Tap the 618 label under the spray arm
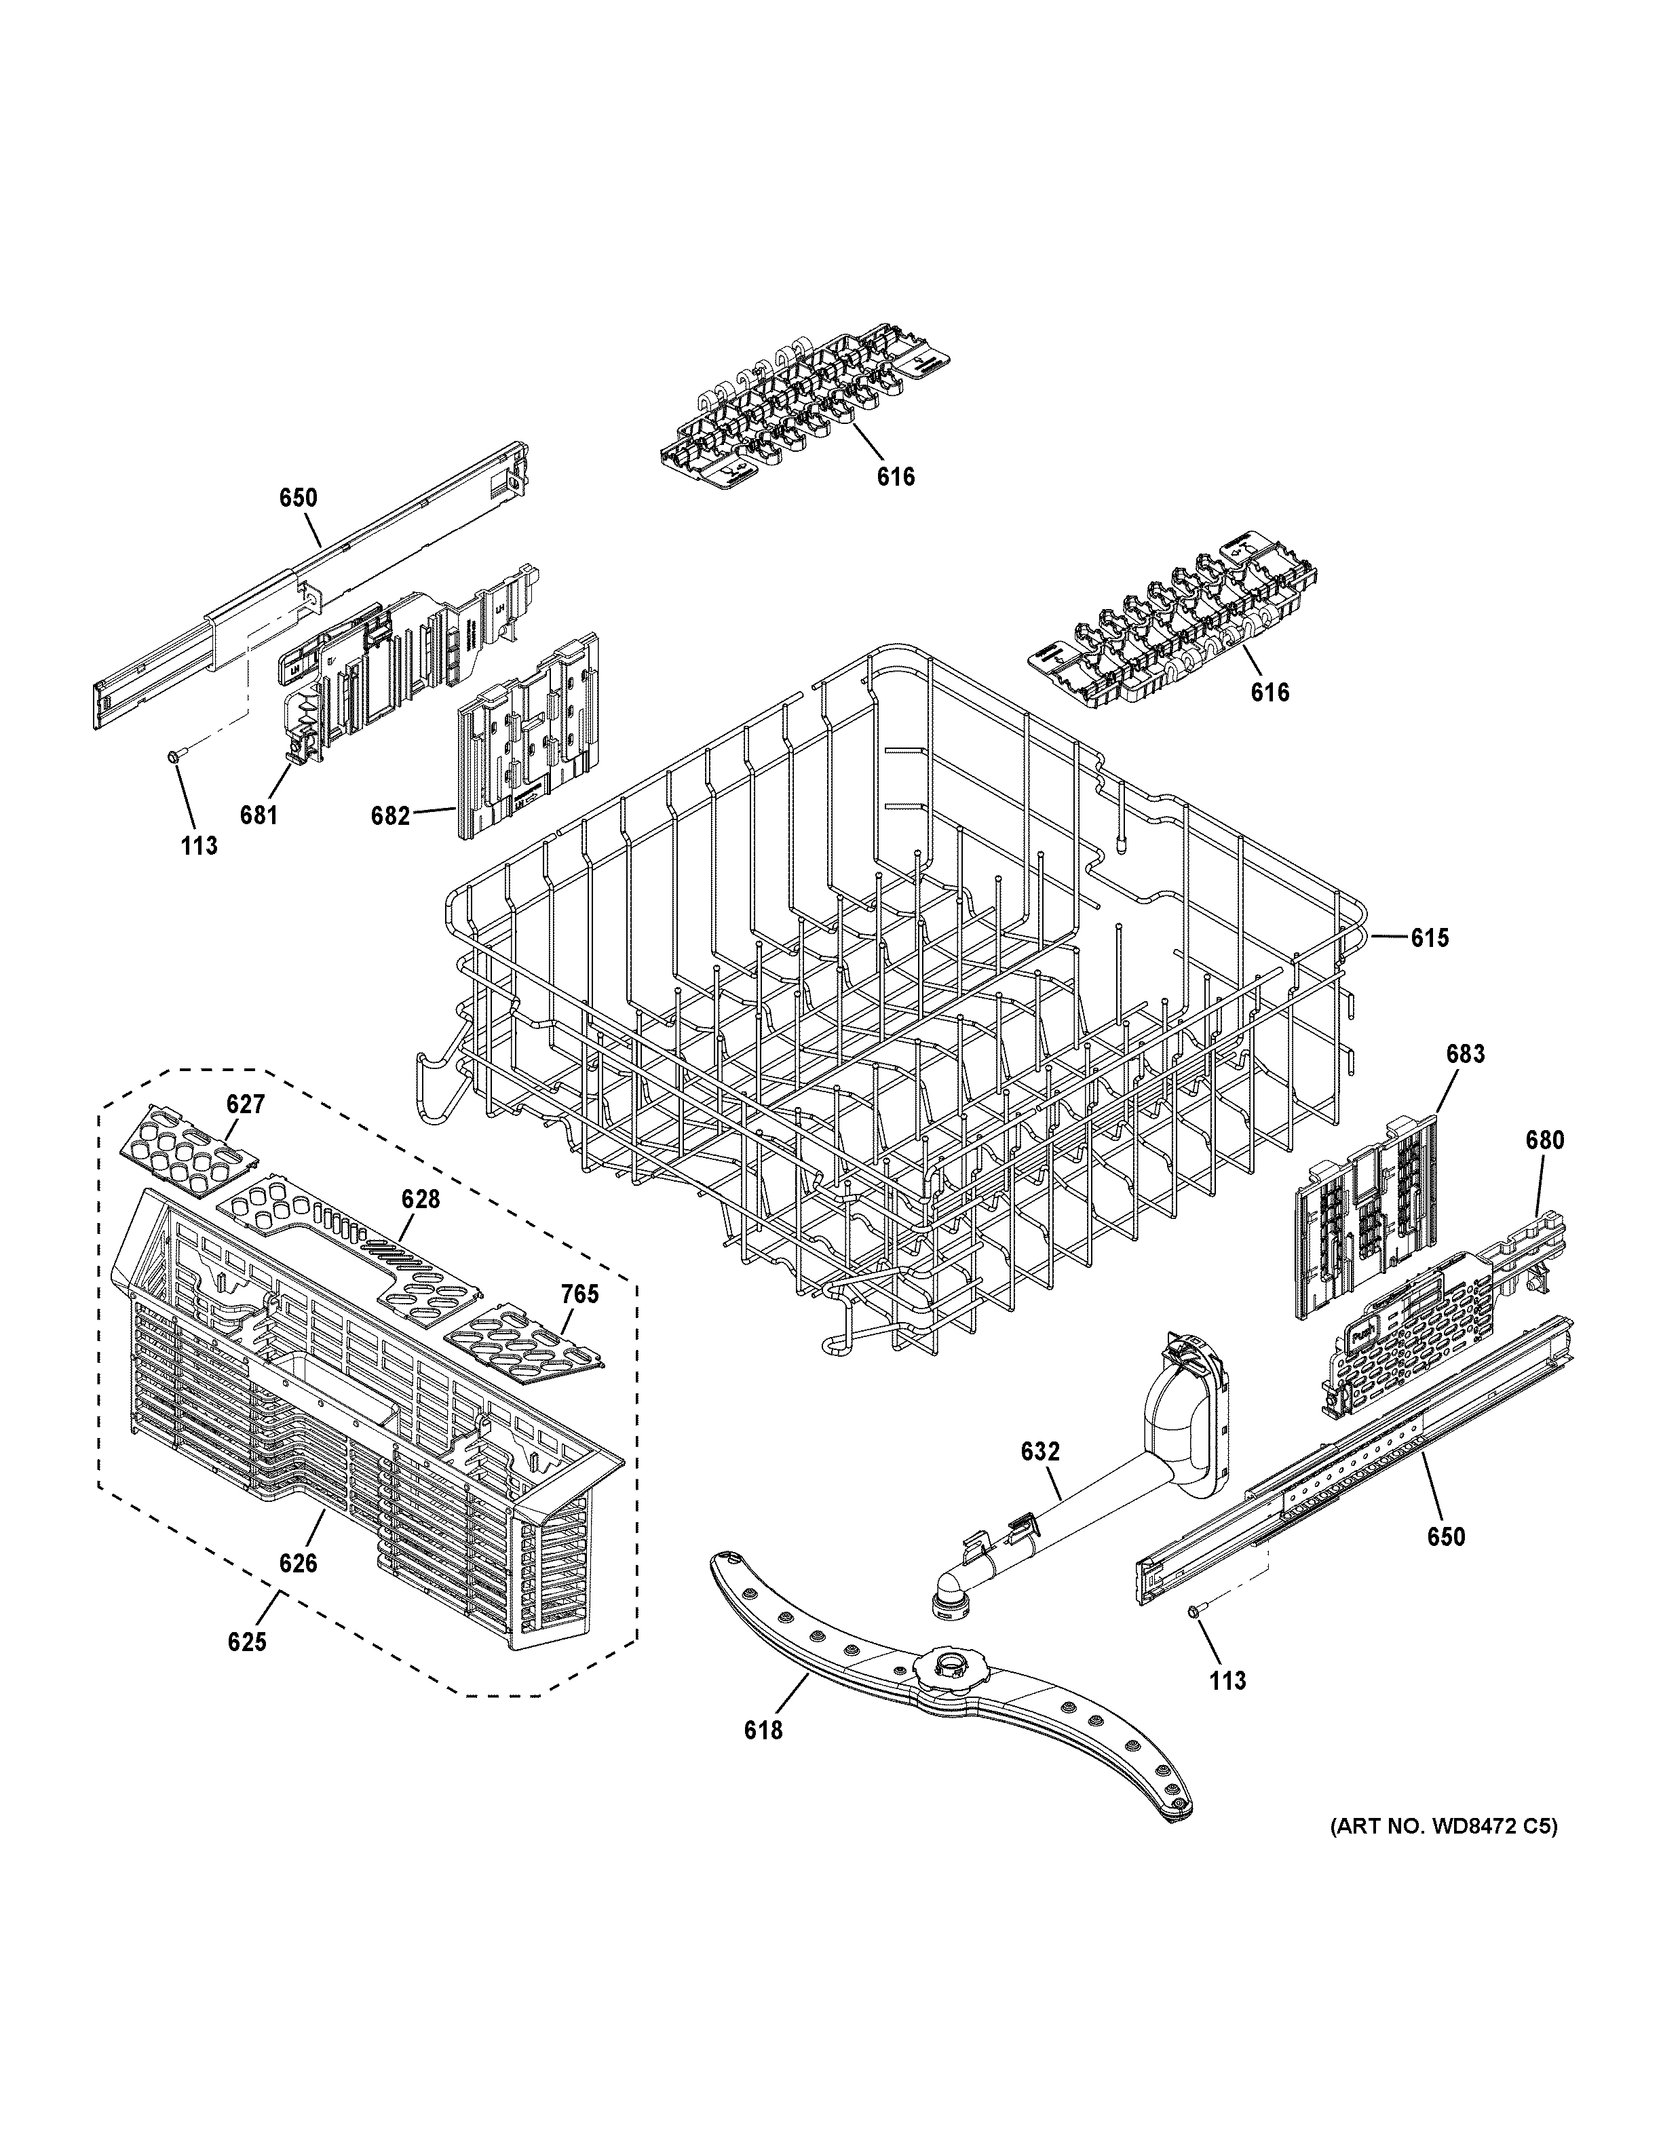click(x=763, y=1756)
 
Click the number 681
click(x=259, y=816)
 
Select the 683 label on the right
click(x=1464, y=1054)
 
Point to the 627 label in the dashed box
click(x=245, y=1104)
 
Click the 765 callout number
click(x=579, y=1294)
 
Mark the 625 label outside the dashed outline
click(x=246, y=1642)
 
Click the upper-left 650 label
click(x=297, y=498)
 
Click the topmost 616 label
click(x=896, y=478)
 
